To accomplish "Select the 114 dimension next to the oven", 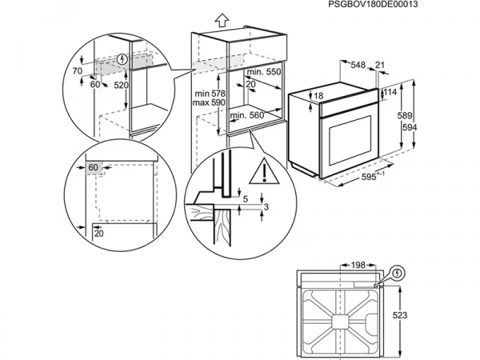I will point(390,92).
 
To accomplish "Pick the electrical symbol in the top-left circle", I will point(122,58).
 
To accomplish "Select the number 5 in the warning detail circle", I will point(247,198).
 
